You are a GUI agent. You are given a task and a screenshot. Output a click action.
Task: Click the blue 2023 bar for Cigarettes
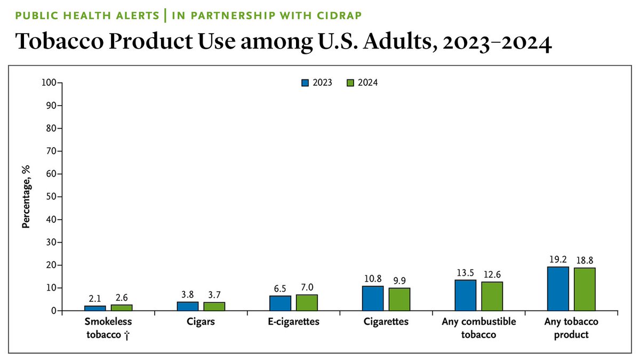373,298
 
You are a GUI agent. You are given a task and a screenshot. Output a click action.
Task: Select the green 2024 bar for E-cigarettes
307,302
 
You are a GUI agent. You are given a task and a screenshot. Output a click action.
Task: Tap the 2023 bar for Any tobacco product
558,289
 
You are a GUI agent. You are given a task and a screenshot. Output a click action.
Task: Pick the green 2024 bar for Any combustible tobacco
492,297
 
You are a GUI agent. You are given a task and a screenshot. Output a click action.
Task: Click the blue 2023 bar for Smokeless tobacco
95,308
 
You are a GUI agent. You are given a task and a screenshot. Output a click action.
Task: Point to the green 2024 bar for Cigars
214,306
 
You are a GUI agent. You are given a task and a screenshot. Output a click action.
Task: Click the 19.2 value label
558,259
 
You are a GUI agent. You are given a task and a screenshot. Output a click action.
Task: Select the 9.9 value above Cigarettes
399,281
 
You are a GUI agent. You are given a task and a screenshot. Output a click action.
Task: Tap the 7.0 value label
307,287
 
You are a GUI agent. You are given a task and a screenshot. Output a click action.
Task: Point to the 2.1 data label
95,299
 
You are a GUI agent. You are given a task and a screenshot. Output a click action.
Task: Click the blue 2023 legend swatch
305,83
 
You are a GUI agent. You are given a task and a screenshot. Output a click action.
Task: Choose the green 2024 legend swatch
350,83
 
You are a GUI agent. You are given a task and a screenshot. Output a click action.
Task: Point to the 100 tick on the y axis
49,83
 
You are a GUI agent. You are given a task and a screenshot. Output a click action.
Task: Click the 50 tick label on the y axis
51,197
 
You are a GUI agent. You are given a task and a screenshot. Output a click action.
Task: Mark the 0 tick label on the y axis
54,311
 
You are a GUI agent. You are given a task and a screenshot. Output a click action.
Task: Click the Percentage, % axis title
26,197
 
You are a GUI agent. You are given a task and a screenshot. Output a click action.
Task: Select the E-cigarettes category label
293,322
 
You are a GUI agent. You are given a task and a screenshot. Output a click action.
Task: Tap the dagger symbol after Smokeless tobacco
127,335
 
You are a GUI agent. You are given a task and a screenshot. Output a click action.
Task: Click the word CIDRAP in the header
339,15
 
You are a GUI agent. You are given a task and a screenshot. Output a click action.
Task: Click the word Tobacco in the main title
59,42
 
